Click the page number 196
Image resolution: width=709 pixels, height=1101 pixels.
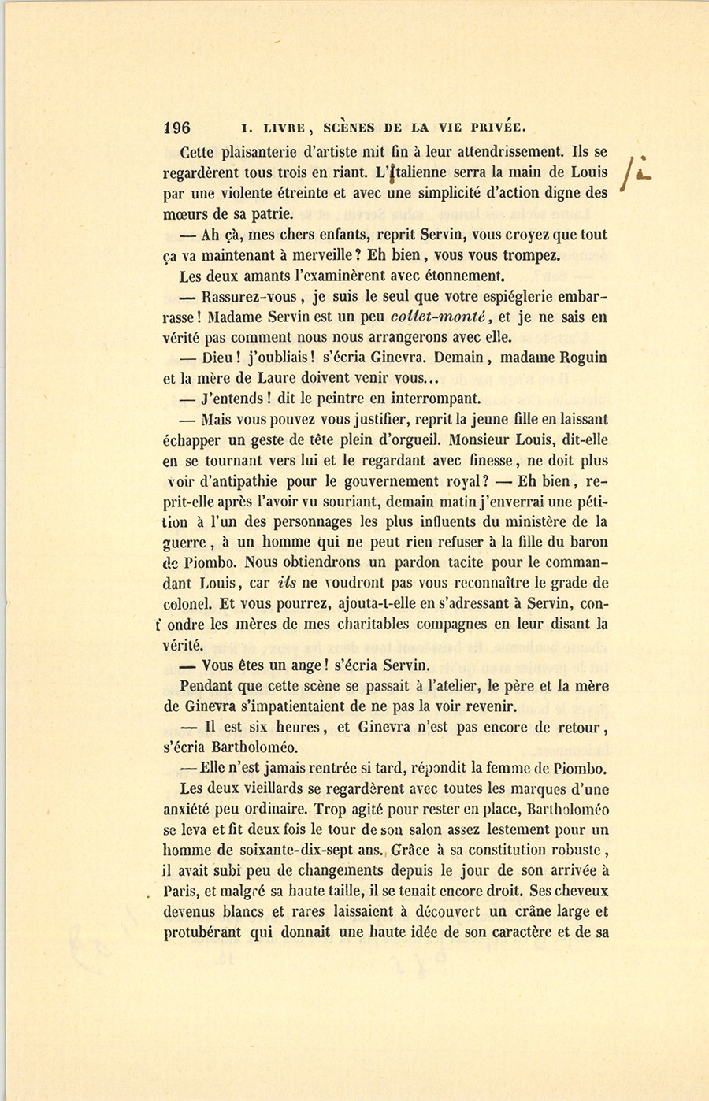click(x=177, y=128)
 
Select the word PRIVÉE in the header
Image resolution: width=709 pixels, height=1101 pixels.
click(x=496, y=128)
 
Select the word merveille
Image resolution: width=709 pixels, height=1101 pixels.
click(x=314, y=255)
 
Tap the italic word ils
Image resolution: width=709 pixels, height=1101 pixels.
click(x=287, y=584)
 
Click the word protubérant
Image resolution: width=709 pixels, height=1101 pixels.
click(x=202, y=932)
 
